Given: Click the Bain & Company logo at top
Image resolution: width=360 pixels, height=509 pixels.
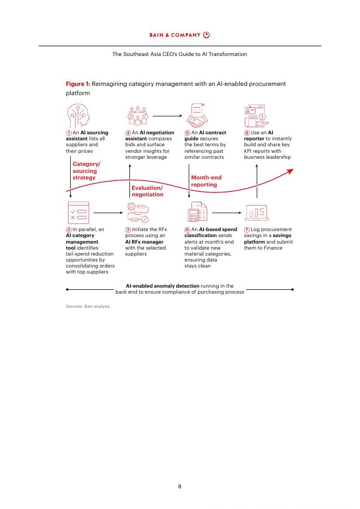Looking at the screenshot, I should (x=179, y=35).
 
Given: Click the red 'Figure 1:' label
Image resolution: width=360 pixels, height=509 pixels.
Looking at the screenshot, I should (x=78, y=84).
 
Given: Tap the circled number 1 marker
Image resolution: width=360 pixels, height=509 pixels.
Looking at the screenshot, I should (x=69, y=133).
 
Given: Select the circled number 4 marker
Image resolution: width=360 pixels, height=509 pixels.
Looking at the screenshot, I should (x=128, y=133).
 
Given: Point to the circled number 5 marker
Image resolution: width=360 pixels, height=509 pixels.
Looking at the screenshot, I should (x=187, y=133).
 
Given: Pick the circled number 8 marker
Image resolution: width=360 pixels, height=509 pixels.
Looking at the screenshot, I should (x=246, y=133).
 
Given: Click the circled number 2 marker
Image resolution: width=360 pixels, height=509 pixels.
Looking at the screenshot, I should (x=69, y=229).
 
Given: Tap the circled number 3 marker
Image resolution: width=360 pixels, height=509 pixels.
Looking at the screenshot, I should (x=128, y=229).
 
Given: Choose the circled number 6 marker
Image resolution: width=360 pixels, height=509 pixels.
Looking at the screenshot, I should (x=187, y=229).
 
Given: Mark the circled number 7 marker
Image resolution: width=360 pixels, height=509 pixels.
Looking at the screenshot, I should (x=246, y=229).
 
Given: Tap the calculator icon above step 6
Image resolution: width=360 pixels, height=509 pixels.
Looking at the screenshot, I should (x=196, y=213).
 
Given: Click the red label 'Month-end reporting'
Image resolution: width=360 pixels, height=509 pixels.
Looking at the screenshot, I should (x=206, y=181).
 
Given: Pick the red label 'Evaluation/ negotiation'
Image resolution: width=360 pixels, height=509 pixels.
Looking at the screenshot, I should (x=147, y=191).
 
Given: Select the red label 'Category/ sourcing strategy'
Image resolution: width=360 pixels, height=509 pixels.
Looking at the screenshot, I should (x=86, y=171).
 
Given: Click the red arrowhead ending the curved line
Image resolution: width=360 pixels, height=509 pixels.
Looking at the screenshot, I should (x=290, y=171).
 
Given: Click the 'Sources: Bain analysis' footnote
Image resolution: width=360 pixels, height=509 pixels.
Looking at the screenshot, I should (x=88, y=306).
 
